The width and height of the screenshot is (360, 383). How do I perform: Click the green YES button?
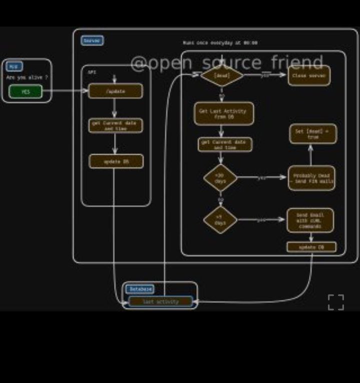(26, 92)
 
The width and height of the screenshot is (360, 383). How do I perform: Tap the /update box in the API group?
(116, 91)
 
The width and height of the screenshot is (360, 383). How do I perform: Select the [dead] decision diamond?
(222, 76)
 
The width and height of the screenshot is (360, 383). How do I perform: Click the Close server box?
(309, 76)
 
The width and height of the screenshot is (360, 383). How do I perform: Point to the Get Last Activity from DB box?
(223, 114)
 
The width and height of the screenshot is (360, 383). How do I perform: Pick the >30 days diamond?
(220, 178)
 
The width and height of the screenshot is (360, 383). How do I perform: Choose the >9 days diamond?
(220, 220)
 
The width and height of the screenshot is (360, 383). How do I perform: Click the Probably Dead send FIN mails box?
(311, 178)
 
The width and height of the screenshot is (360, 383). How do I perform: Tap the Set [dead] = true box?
(313, 134)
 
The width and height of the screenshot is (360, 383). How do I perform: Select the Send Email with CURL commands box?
(310, 220)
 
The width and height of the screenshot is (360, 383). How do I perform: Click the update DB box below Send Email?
(311, 247)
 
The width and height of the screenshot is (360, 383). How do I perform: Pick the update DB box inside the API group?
(116, 161)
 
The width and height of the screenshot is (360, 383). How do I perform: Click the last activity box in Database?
(161, 301)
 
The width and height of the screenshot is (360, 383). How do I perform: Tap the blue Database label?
(140, 289)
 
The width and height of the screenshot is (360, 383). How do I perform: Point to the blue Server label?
(92, 41)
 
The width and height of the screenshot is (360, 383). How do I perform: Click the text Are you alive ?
(27, 78)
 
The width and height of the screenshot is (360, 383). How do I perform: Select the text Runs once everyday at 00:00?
(220, 43)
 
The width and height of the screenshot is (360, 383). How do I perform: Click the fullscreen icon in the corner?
(336, 302)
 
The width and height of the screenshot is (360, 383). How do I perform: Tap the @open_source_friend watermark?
(227, 63)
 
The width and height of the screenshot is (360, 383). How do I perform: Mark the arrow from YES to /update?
(65, 91)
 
